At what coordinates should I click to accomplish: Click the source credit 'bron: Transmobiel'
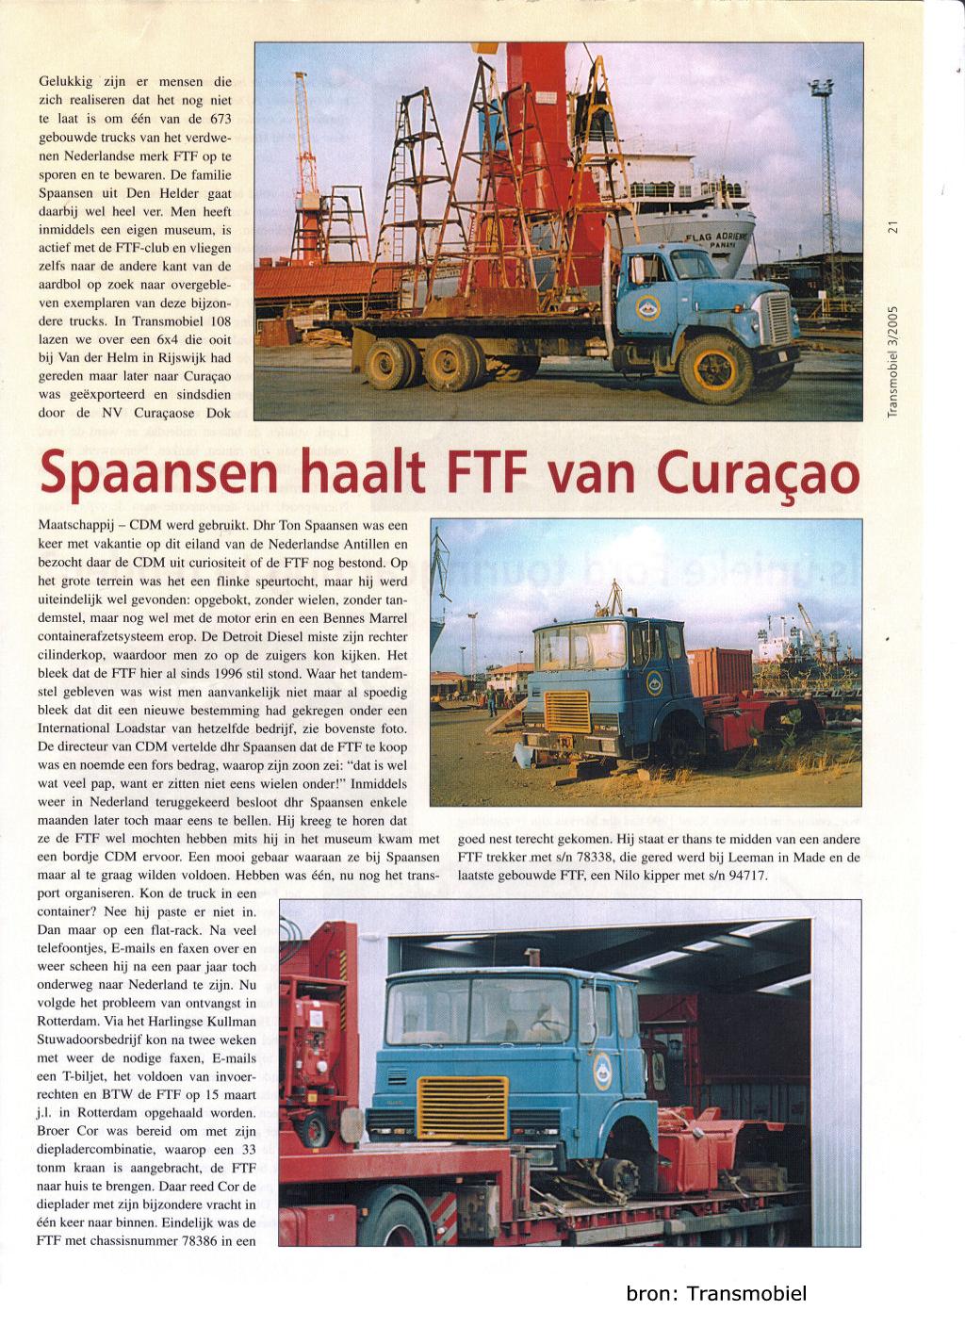click(716, 1294)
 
